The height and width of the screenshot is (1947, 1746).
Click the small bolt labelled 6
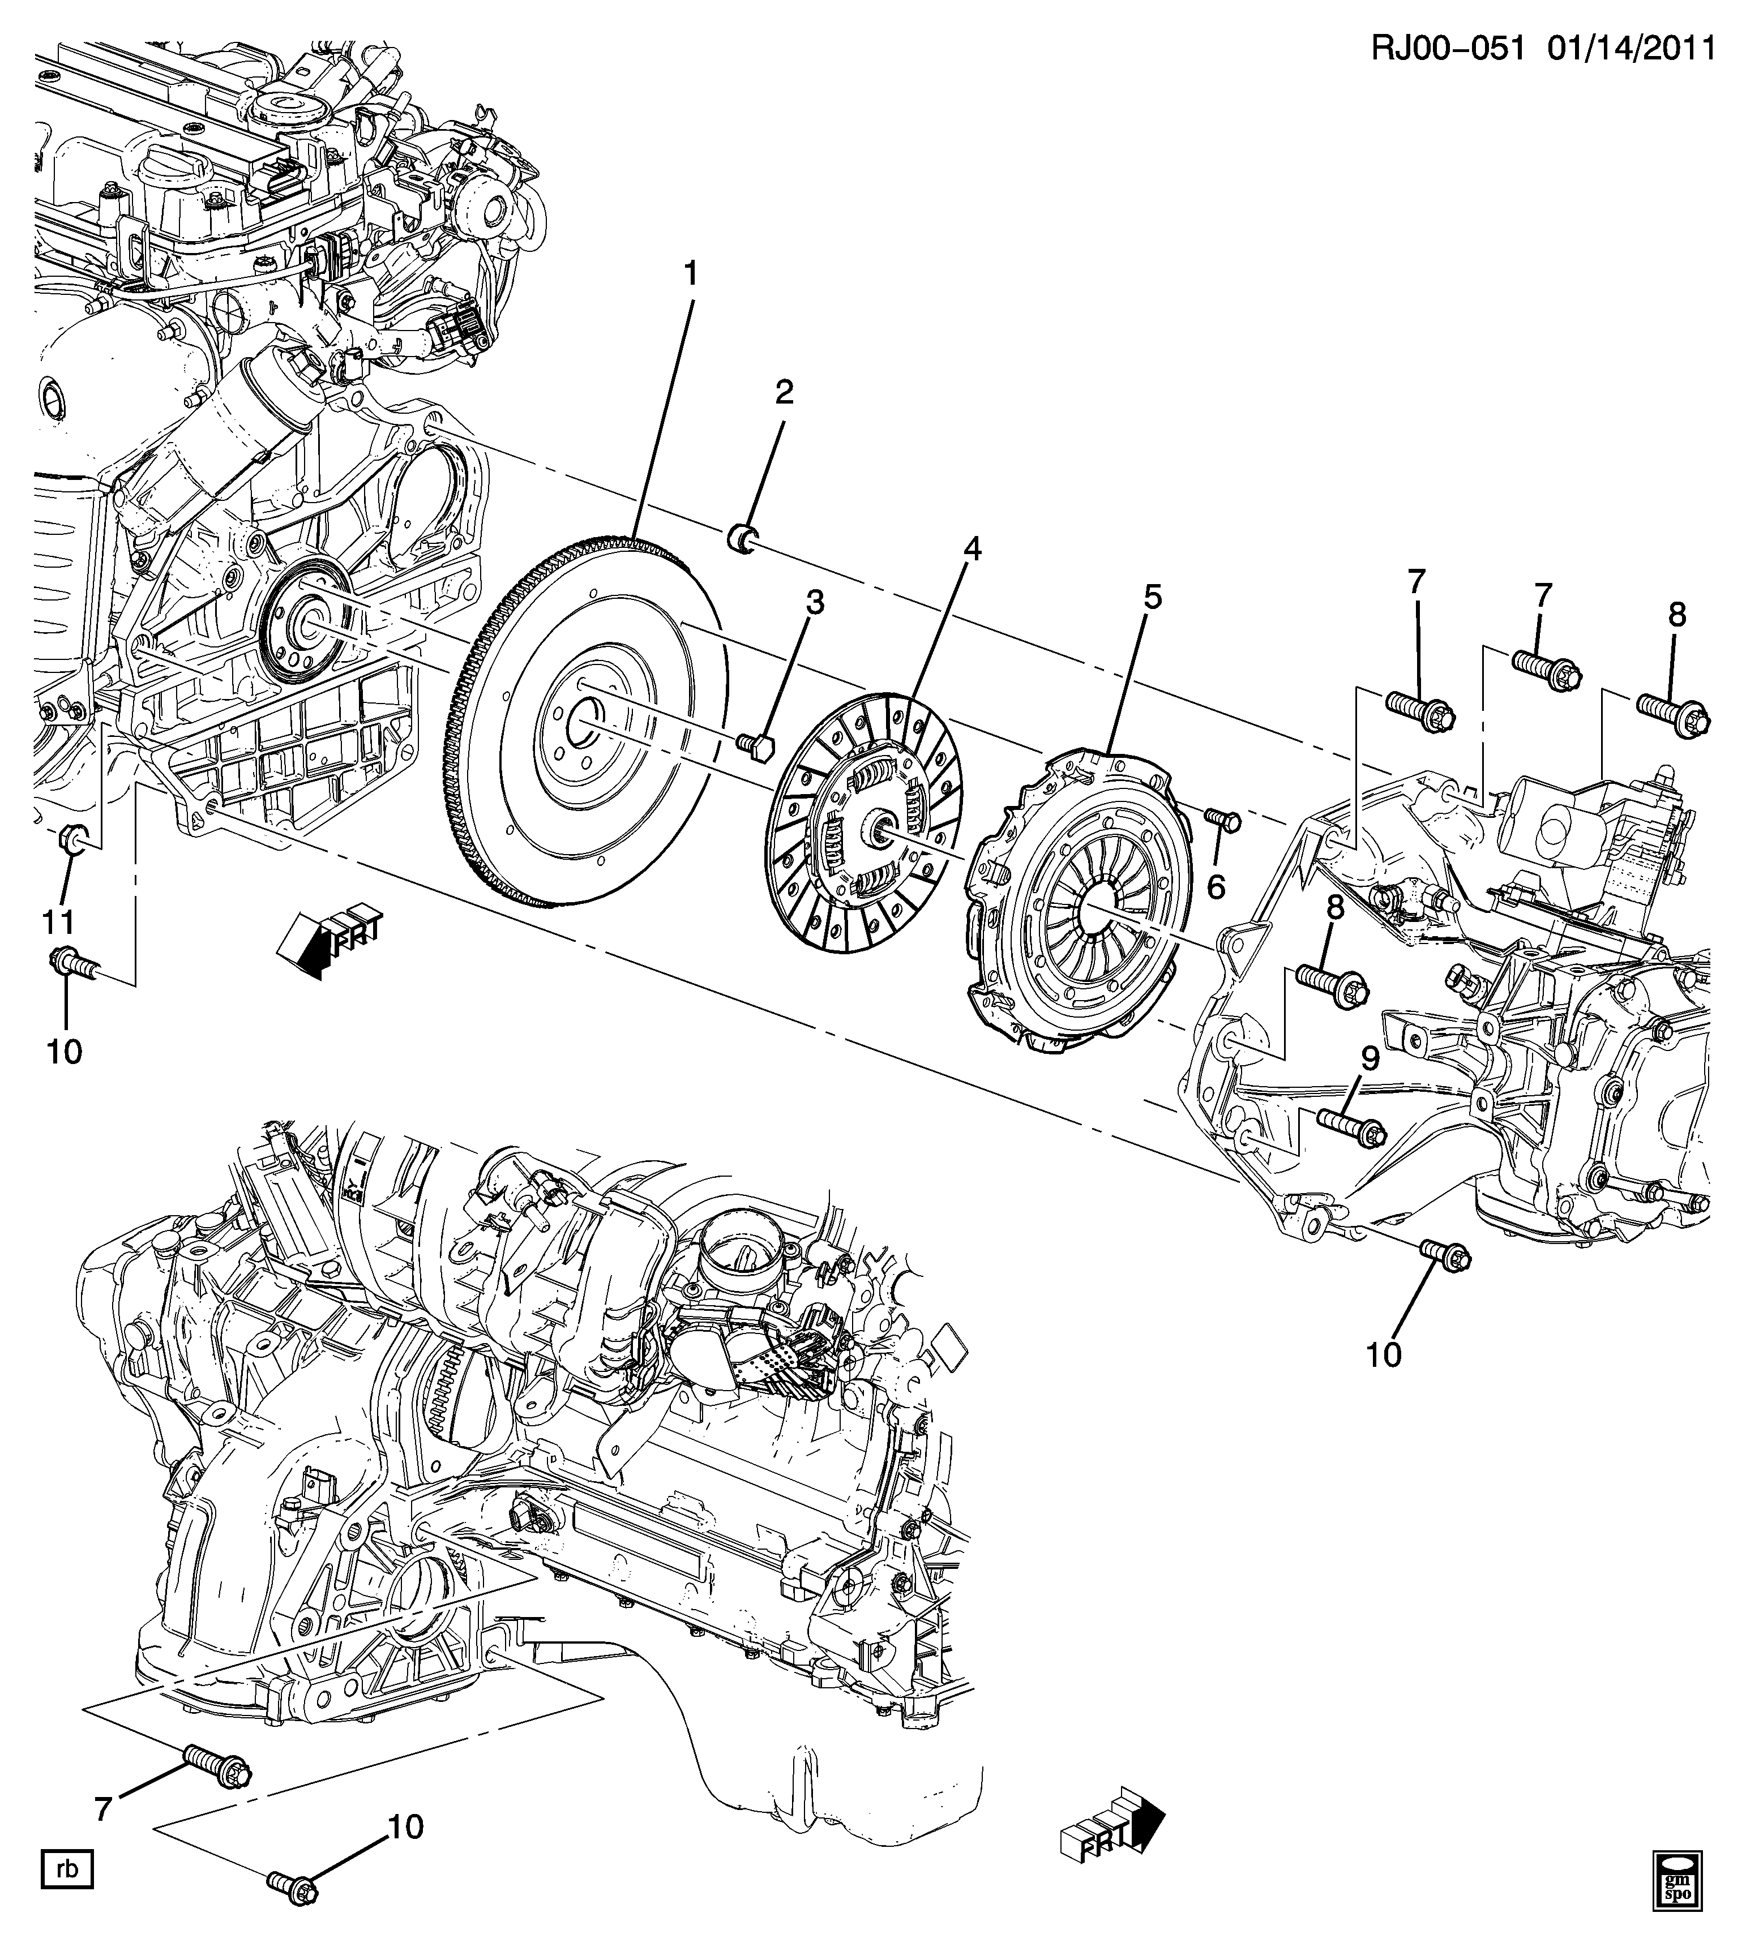pos(1222,820)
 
